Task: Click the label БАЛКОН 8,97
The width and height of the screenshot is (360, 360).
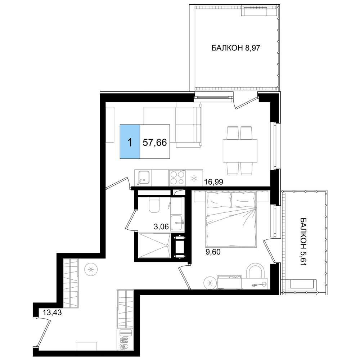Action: pos(235,48)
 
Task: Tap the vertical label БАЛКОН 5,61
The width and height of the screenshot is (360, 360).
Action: pos(303,242)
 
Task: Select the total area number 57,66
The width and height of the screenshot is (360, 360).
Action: pos(154,143)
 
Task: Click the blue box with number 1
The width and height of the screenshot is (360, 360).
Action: pos(130,141)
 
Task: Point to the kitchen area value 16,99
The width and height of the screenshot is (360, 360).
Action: pos(214,182)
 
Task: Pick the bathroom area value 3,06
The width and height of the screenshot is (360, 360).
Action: pos(161,227)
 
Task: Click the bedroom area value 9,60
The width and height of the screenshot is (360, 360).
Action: pos(213,252)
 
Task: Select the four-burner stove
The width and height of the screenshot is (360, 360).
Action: pos(177,178)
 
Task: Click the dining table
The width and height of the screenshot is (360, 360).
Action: pos(240,150)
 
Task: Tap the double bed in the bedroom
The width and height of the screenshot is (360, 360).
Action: pos(231,220)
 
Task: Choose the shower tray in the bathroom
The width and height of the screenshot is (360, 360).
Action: pos(154,246)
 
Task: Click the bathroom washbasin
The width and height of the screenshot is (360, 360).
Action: pos(177,223)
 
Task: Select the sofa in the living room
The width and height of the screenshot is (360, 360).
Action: pos(189,125)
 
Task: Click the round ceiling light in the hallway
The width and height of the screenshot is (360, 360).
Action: pos(91,269)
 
